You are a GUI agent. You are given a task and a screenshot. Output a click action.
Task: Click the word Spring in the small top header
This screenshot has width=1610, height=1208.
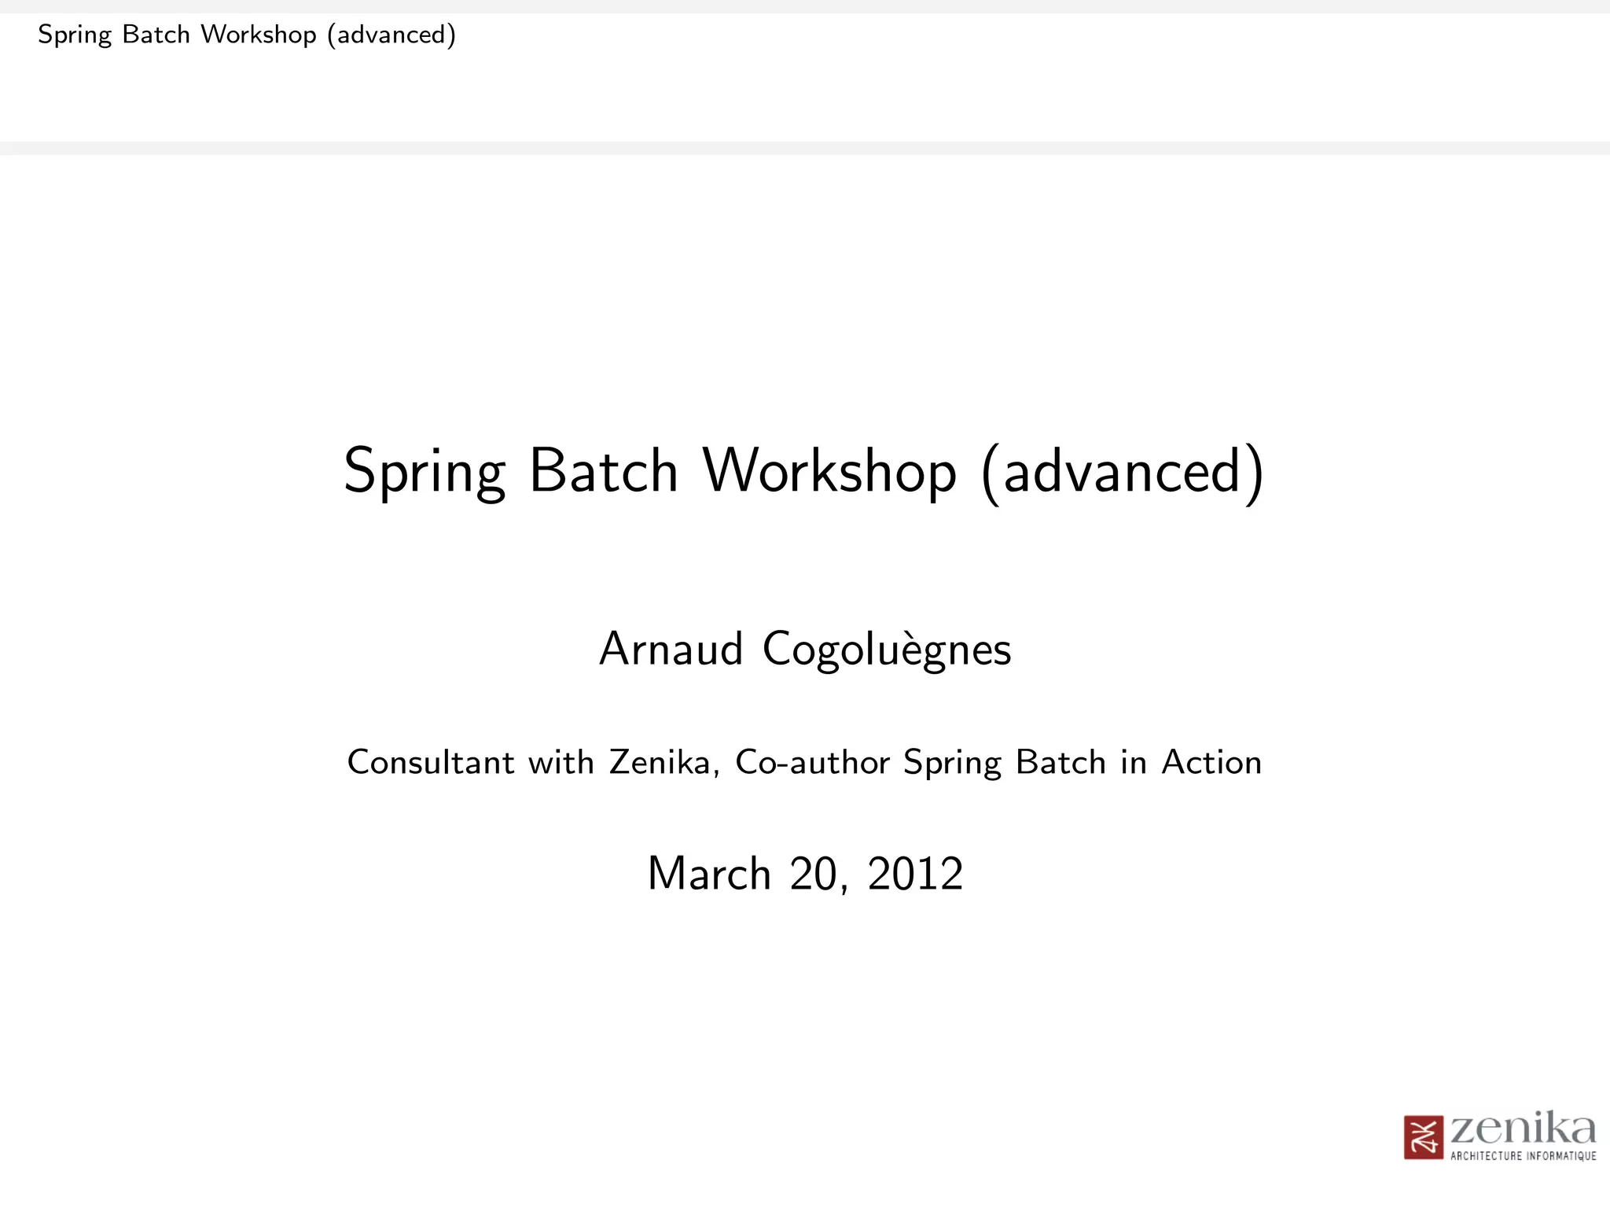(x=75, y=35)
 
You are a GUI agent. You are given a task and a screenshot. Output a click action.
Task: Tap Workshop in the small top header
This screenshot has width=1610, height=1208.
(x=259, y=35)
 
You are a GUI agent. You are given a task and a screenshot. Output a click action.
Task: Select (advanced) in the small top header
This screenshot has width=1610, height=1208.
(x=391, y=35)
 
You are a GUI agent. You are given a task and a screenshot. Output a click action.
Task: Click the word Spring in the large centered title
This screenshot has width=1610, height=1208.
(x=425, y=473)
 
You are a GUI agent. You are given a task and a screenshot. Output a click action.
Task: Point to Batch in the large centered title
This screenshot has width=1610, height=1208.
(x=603, y=471)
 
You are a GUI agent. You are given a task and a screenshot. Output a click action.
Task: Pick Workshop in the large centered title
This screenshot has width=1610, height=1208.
(x=829, y=471)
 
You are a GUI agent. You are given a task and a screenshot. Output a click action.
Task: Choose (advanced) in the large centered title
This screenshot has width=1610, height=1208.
(x=1123, y=471)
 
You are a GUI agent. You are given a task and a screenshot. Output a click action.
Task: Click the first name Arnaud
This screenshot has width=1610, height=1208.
(x=671, y=650)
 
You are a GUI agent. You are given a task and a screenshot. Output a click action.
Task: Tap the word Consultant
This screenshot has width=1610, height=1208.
(x=431, y=762)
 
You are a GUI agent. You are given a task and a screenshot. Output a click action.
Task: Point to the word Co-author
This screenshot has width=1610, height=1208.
(x=812, y=762)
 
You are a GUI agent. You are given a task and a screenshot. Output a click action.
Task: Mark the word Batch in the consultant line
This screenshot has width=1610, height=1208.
(x=1060, y=762)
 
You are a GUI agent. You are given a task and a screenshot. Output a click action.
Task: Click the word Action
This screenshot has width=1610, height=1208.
(x=1211, y=762)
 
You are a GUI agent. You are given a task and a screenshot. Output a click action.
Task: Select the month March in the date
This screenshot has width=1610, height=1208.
(x=709, y=874)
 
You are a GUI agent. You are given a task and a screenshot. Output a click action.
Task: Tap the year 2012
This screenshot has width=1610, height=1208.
(x=915, y=874)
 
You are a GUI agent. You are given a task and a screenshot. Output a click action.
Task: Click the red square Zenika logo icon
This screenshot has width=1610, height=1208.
(x=1424, y=1137)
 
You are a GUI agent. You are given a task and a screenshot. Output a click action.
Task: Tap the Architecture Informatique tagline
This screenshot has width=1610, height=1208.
(x=1523, y=1156)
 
